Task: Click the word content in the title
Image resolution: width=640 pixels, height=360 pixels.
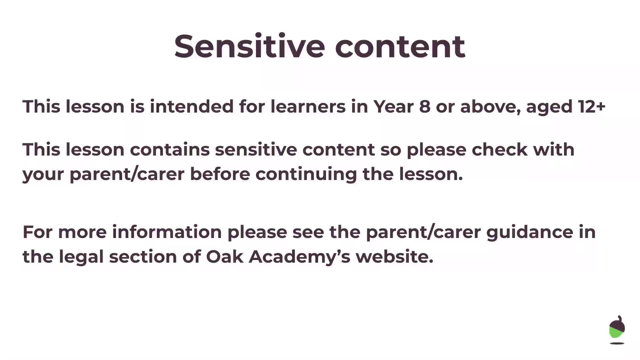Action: pyautogui.click(x=400, y=46)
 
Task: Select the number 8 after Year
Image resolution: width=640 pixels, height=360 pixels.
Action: pyautogui.click(x=424, y=107)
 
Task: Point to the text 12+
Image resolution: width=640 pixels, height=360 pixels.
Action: pyautogui.click(x=592, y=107)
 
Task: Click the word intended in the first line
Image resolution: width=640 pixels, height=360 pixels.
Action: pyautogui.click(x=192, y=107)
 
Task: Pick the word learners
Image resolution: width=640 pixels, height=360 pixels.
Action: pyautogui.click(x=308, y=107)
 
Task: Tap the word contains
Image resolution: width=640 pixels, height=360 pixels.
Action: pyautogui.click(x=170, y=149)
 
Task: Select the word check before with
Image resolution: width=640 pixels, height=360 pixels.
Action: pyautogui.click(x=499, y=149)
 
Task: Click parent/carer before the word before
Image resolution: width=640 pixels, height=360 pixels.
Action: pyautogui.click(x=127, y=174)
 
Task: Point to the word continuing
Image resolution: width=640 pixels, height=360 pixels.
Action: pyautogui.click(x=306, y=174)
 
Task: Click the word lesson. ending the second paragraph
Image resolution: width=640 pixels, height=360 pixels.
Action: pyautogui.click(x=431, y=174)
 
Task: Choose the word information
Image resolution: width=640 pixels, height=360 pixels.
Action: pyautogui.click(x=167, y=232)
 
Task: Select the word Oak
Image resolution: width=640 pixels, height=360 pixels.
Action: pyautogui.click(x=224, y=257)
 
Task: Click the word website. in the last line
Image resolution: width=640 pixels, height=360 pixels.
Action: pyautogui.click(x=394, y=257)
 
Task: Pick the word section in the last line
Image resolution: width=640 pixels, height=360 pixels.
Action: pyautogui.click(x=143, y=257)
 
